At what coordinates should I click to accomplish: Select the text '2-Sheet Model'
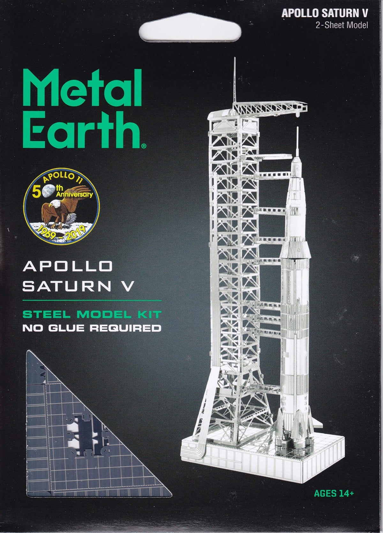click(342, 25)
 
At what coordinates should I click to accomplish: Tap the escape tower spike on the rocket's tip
click(297, 140)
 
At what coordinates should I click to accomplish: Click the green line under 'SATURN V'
click(92, 301)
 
